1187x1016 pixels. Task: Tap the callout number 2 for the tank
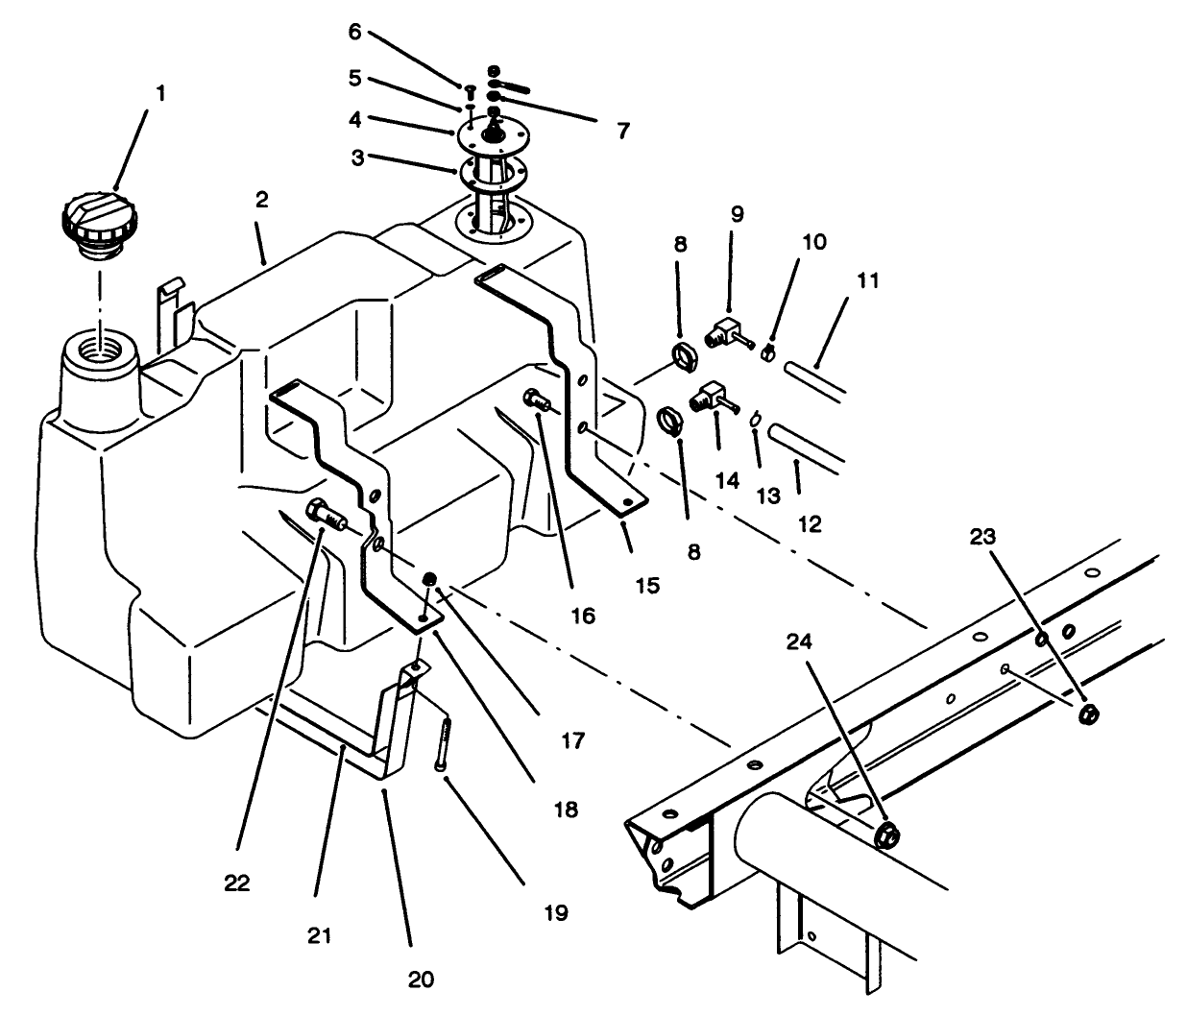[261, 200]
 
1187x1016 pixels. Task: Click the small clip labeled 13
[757, 419]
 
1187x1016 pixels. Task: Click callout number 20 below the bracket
[421, 980]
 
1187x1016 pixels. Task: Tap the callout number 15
[647, 584]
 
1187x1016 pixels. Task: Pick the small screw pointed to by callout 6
[471, 92]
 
